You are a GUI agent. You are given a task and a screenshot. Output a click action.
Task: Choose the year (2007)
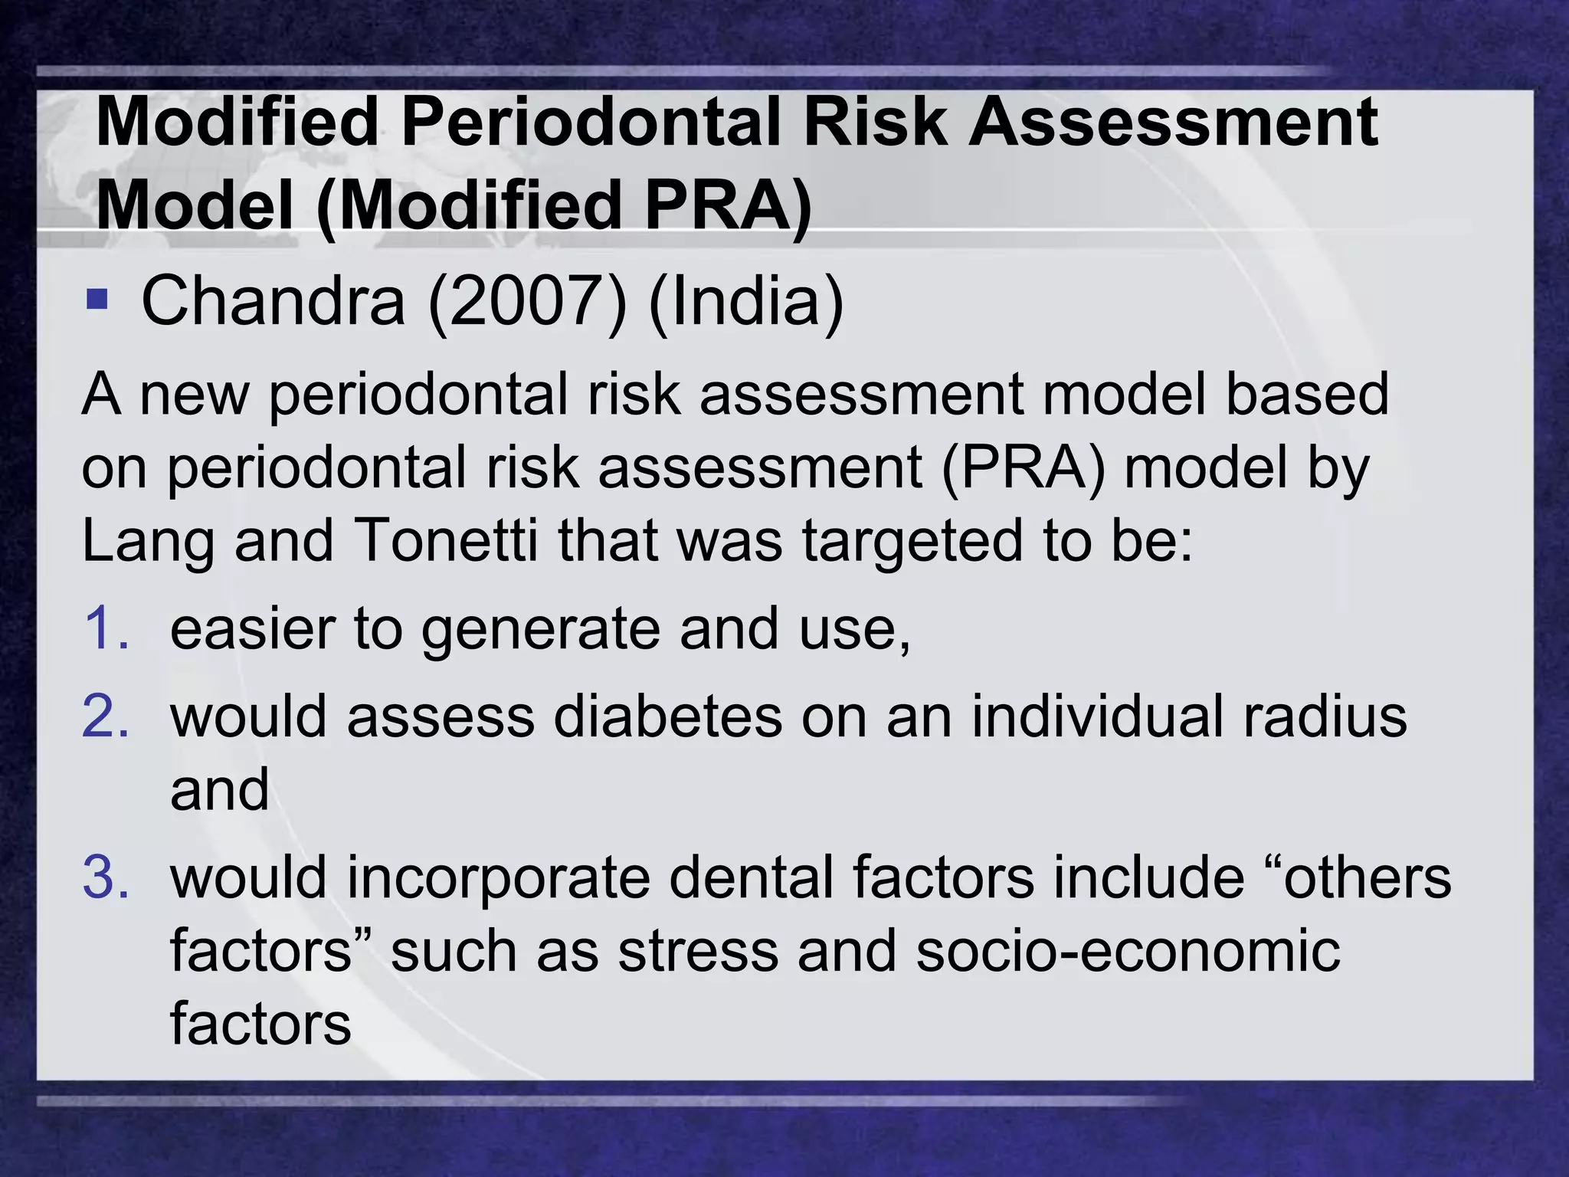[527, 300]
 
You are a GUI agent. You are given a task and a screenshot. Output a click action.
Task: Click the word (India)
[745, 300]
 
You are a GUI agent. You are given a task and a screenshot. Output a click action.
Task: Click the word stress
[698, 951]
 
